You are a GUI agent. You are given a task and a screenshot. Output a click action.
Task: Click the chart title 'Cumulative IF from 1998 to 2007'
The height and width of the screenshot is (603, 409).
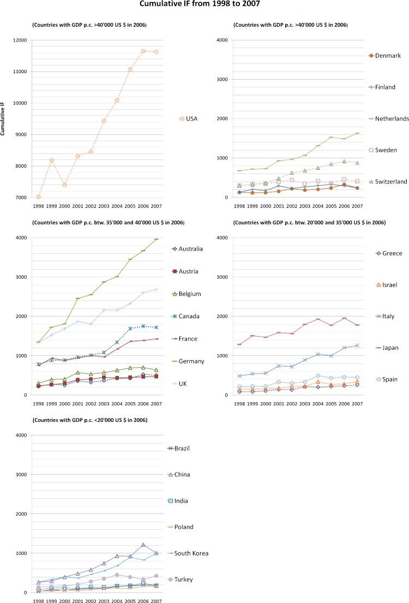pos(204,5)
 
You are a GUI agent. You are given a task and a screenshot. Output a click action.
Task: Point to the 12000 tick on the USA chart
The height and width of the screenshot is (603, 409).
pos(20,40)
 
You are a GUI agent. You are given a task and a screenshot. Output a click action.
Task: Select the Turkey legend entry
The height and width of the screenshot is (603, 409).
pos(185,579)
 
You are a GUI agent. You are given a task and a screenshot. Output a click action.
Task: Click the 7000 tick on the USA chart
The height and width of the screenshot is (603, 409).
pos(21,198)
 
